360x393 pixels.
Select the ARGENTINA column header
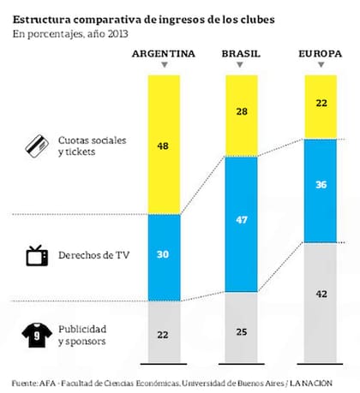tap(163, 54)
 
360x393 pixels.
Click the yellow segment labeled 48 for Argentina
tap(163, 146)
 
